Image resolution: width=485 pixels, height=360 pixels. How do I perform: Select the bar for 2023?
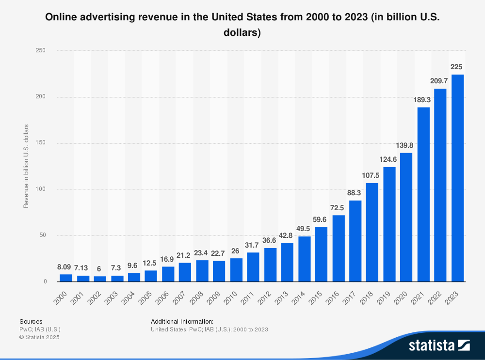pos(457,178)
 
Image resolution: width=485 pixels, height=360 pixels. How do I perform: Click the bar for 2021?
pos(423,194)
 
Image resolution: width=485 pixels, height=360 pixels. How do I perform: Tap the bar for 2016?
pos(339,248)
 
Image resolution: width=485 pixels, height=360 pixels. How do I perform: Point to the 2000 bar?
pos(66,278)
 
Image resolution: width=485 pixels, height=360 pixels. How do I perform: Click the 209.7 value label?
pos(440,81)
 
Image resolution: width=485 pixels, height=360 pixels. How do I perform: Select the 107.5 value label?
pos(372,175)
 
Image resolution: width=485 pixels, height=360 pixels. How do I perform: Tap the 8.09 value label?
pos(66,266)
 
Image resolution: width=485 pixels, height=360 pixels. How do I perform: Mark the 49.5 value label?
pos(305,229)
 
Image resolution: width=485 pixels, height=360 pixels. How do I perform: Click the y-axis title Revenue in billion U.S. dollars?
pos(26,166)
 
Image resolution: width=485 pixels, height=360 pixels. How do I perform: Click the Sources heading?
pos(31,321)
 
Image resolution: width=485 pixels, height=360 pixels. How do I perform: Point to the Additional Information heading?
pos(182,321)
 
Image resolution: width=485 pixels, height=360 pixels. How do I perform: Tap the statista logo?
pos(439,345)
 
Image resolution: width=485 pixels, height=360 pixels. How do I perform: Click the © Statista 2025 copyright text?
pos(39,337)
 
